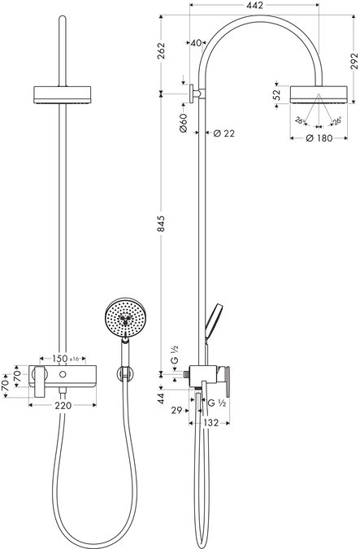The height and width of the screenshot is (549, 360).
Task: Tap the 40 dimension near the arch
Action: pyautogui.click(x=196, y=43)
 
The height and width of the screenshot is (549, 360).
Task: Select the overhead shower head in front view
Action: pyautogui.click(x=63, y=94)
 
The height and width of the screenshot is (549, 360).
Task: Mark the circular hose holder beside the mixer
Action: pyautogui.click(x=124, y=373)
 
